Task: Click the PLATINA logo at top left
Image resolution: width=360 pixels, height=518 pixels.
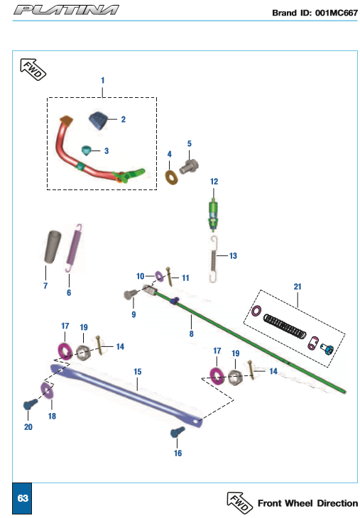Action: pyautogui.click(x=66, y=10)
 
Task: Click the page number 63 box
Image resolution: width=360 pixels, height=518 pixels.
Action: pyautogui.click(x=22, y=498)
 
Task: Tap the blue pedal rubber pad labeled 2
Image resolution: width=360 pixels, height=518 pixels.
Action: pyautogui.click(x=99, y=120)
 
